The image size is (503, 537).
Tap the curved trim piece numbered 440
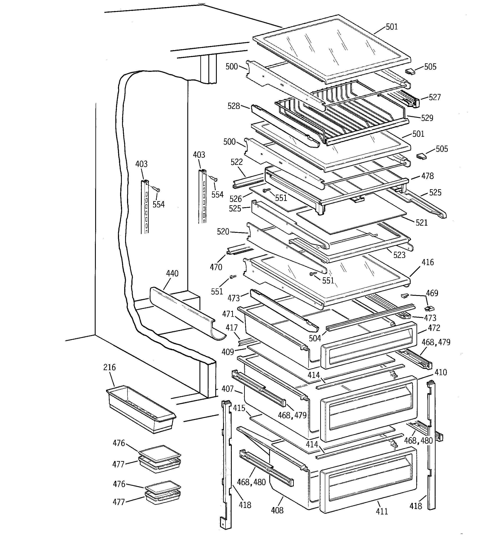coord(186,313)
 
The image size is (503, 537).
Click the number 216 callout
coord(109,367)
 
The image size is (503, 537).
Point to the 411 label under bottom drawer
coord(382,511)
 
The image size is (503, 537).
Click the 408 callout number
coord(277,510)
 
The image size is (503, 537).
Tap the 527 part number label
coord(435,97)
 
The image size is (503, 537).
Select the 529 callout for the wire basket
coord(427,118)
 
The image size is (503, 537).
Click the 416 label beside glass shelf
coord(428,262)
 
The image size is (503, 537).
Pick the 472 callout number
coord(434,328)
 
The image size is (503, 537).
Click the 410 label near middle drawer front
coord(441,373)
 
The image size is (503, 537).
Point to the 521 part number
coord(421,223)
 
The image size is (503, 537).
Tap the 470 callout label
coord(216,267)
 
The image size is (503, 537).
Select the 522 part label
coord(237,162)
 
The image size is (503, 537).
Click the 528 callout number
coord(234,106)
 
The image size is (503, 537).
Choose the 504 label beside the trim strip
coord(315,338)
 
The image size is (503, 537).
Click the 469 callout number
coord(432,293)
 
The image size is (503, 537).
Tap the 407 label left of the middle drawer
coord(227,389)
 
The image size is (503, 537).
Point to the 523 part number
coord(399,255)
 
